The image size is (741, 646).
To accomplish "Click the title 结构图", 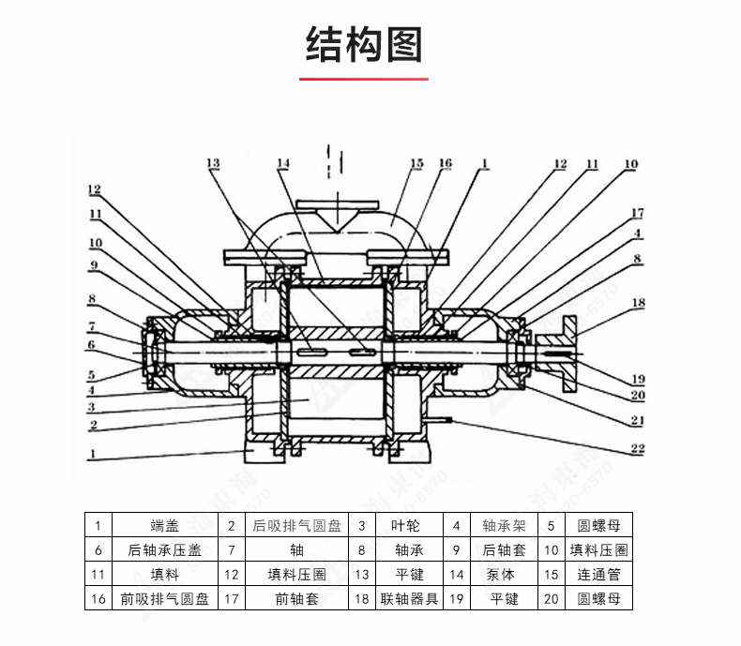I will click(365, 45).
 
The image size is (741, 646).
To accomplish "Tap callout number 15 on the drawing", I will click(416, 164).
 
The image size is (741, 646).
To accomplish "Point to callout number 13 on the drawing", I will click(213, 164).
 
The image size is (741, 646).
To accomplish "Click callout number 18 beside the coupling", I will click(638, 303).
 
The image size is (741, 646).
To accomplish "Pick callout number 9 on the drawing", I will click(94, 265).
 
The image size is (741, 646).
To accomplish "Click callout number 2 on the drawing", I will click(94, 425).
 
